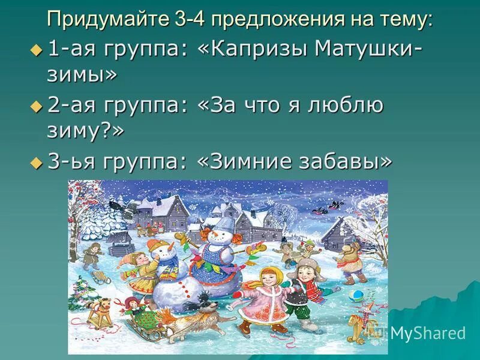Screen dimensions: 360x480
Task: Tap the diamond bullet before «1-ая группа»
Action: [35, 52]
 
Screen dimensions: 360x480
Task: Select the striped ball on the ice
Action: [356, 296]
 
